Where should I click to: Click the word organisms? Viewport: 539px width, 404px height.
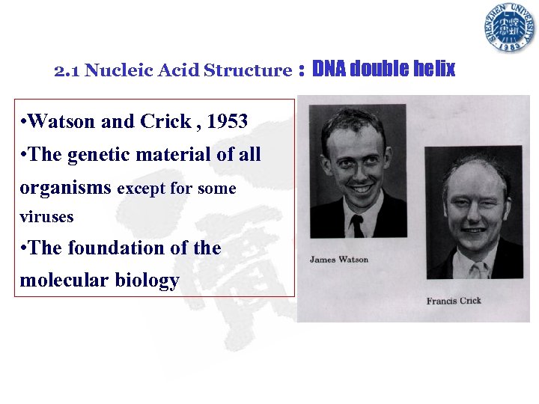[66, 189]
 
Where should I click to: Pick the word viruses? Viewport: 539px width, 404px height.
[46, 217]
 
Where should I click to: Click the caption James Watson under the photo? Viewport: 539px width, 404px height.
[339, 260]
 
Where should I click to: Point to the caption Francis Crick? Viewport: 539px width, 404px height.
[454, 301]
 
